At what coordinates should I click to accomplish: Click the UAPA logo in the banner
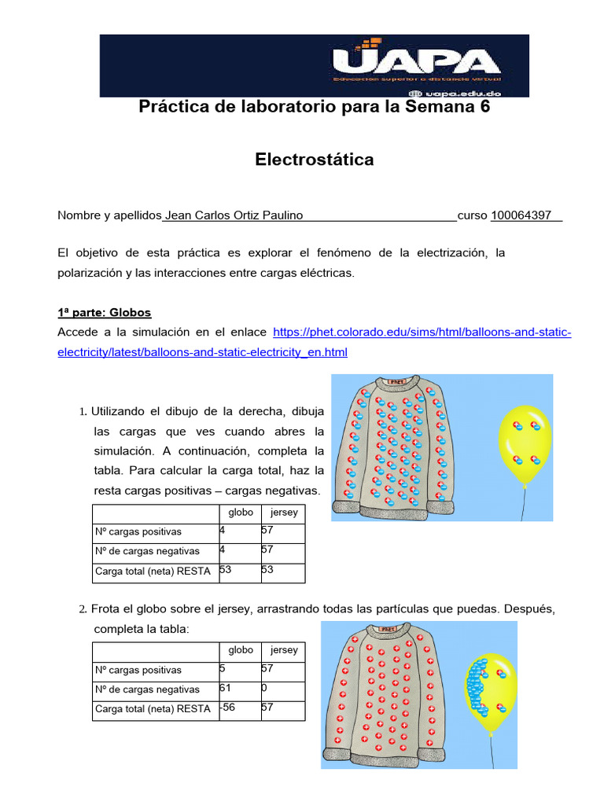(416, 61)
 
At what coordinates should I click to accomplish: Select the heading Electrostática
(315, 160)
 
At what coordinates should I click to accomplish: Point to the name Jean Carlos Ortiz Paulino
(233, 215)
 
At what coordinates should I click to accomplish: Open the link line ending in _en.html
(202, 352)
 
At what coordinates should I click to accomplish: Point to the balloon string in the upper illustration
(525, 503)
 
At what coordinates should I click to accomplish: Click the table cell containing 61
(239, 689)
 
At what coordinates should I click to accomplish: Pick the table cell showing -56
(239, 708)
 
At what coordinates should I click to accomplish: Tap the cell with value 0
(281, 689)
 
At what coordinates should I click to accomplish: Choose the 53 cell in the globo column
(239, 571)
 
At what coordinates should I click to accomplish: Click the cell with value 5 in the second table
(239, 670)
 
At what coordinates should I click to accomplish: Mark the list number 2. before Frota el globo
(83, 609)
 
